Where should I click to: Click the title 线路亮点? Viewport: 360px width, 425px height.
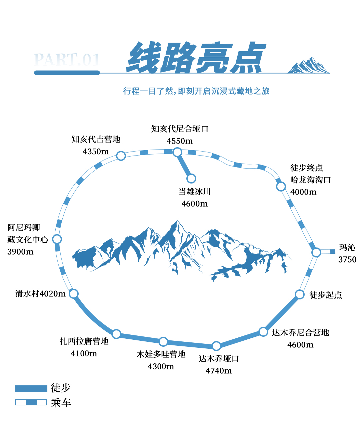[196, 57]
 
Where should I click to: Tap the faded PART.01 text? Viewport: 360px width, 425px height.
[67, 60]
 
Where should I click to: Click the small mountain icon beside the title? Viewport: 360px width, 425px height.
[309, 65]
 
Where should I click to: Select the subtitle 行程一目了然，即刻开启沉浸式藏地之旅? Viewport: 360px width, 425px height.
[196, 91]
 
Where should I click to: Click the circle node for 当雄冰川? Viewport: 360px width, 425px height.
[191, 179]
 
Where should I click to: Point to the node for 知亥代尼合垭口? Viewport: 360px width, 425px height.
[177, 152]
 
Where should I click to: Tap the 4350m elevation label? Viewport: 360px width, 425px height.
[96, 152]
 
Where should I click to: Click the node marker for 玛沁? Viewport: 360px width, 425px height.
[316, 252]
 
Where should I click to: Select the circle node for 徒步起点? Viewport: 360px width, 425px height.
[299, 294]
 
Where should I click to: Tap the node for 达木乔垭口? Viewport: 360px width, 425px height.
[216, 346]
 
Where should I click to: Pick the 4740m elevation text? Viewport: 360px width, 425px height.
[219, 371]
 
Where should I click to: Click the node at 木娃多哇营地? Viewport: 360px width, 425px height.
[163, 342]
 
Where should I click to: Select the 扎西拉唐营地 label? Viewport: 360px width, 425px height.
[84, 341]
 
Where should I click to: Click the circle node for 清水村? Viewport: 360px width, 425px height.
[73, 294]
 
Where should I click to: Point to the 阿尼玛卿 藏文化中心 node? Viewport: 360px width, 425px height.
[57, 239]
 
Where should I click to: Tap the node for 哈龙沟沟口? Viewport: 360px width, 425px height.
[281, 187]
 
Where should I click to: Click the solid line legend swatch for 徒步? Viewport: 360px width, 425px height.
[31, 389]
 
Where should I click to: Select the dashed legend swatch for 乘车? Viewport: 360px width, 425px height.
[31, 402]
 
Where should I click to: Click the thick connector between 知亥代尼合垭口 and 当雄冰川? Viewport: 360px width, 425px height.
[184, 165]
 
